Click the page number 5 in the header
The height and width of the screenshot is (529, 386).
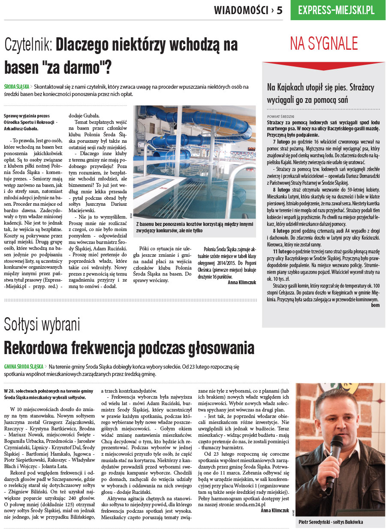coord(279,10)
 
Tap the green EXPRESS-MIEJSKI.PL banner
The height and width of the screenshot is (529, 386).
coord(336,10)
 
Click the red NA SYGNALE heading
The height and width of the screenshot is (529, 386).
coord(324,44)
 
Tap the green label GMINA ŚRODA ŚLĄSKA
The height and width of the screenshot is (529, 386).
coord(24,367)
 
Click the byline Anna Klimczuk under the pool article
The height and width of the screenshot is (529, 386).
coord(242,283)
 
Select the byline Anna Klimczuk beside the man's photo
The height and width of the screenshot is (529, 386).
coord(275,511)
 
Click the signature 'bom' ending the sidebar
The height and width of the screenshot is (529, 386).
coord(375,305)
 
